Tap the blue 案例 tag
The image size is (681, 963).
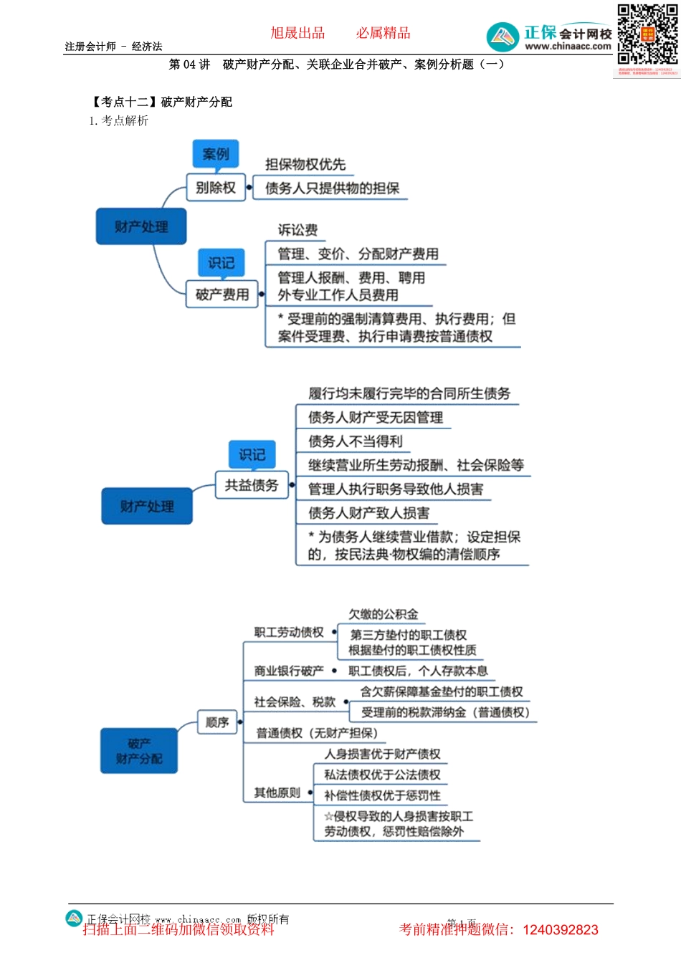[215, 154]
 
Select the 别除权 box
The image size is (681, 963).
[216, 188]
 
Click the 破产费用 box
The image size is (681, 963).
[222, 294]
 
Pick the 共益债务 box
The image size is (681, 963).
[252, 485]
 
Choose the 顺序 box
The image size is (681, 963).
[217, 722]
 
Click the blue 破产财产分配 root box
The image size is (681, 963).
[139, 751]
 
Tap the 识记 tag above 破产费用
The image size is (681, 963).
[221, 263]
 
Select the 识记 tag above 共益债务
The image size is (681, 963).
[252, 454]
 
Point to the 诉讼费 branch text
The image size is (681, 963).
[297, 230]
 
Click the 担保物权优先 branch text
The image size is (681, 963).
[305, 164]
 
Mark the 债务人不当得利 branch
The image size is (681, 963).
[356, 441]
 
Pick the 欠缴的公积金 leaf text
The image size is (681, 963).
[383, 614]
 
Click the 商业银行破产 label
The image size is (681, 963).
[289, 671]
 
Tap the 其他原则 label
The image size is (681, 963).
[277, 793]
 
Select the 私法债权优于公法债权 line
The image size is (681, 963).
[382, 775]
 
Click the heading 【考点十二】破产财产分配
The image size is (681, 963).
[161, 102]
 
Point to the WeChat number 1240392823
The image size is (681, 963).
[561, 930]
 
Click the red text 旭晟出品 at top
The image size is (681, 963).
[297, 33]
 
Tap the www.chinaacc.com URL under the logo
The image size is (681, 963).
[568, 47]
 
